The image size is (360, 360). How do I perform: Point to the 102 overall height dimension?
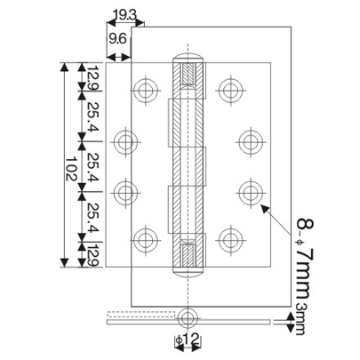(x=68, y=165)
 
